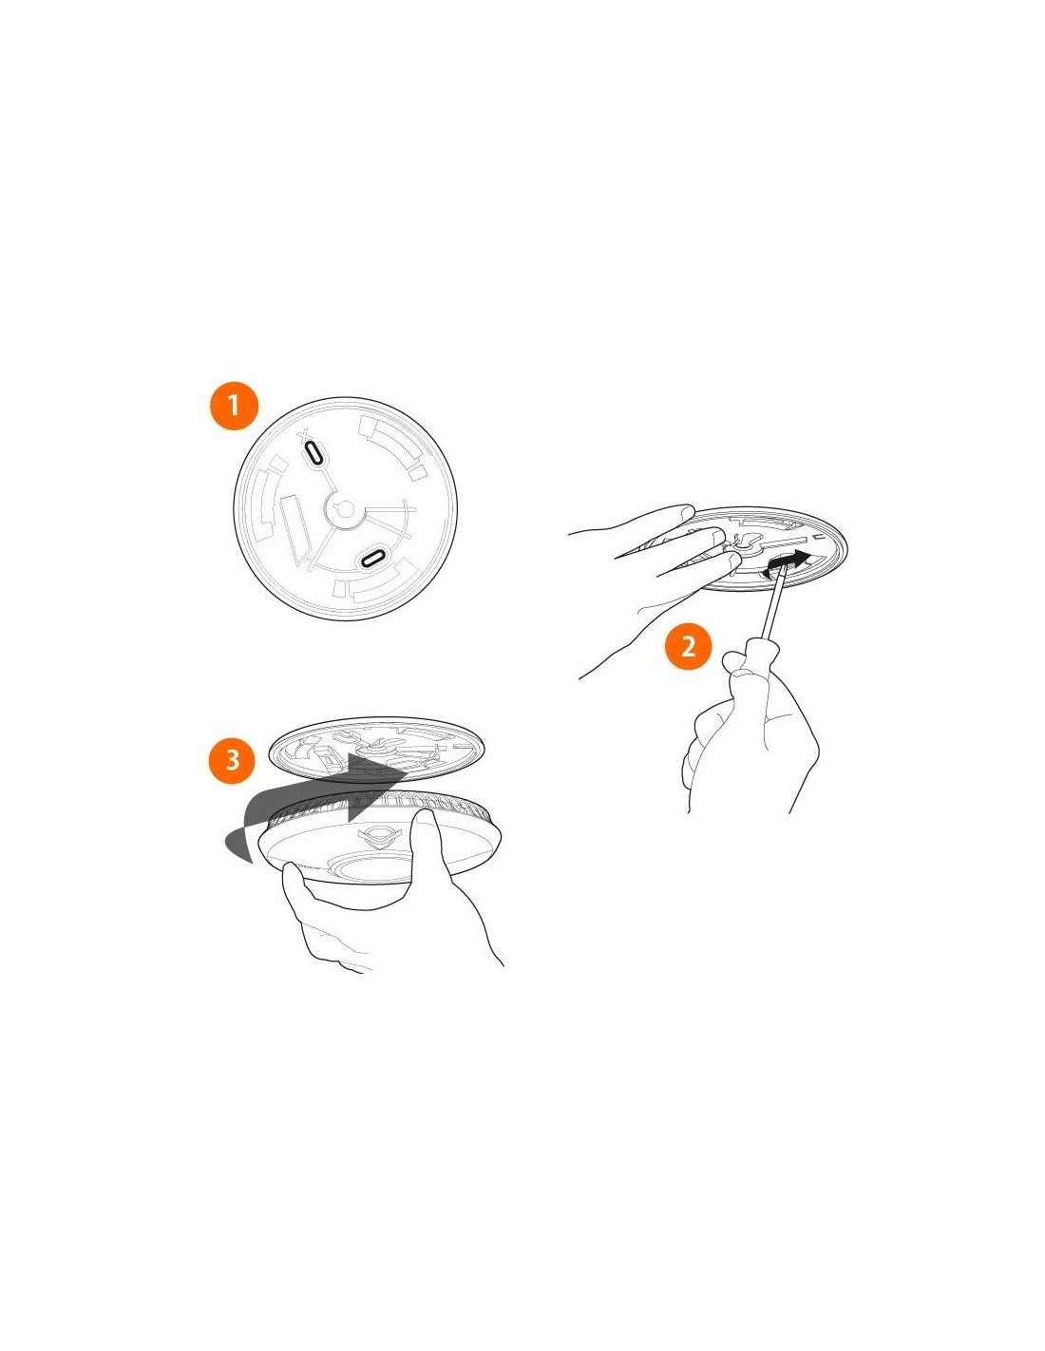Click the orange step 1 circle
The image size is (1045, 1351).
234,406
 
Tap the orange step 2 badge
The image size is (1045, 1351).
688,647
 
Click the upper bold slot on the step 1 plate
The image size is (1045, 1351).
313,452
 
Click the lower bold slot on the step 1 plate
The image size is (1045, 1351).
373,557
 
